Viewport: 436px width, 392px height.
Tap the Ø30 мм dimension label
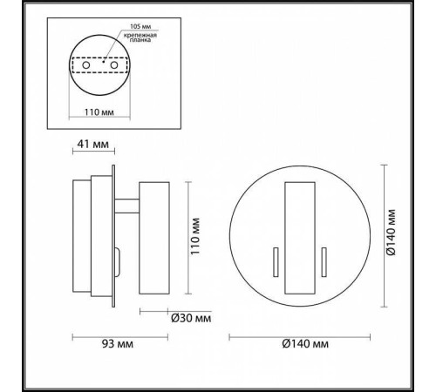(x=193, y=317)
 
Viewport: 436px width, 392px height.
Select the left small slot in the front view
(x=276, y=260)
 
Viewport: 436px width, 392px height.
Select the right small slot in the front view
(x=324, y=260)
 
